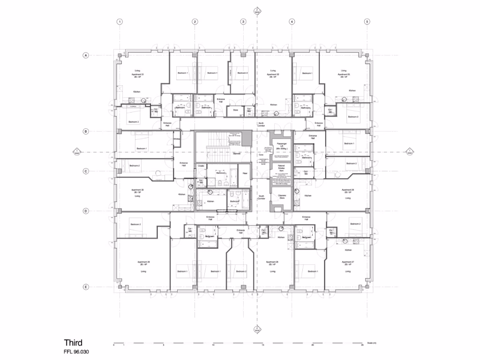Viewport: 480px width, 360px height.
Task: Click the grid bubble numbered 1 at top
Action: (120, 22)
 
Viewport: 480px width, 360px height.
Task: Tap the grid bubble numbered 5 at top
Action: (367, 22)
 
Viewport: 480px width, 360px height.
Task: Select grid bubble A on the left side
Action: (86, 55)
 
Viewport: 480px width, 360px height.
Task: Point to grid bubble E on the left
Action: (86, 287)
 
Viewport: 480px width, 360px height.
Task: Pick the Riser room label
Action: (245, 173)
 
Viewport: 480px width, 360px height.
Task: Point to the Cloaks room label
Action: (201, 166)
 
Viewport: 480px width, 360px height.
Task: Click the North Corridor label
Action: (262, 125)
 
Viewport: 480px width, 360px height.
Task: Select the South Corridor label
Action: (262, 198)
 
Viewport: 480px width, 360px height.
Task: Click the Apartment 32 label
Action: (273, 75)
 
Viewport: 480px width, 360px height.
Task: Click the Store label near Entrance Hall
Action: (235, 110)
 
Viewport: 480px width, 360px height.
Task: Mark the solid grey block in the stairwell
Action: (247, 138)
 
